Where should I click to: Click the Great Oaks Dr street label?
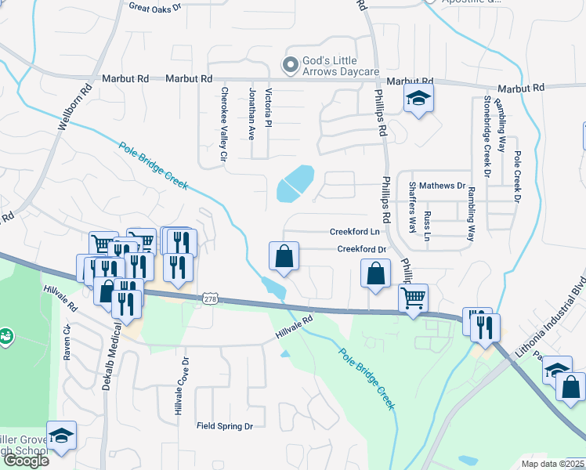coord(154,7)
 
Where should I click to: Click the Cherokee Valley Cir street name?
coord(223,124)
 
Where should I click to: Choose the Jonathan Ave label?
coord(252,114)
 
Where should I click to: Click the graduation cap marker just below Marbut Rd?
coord(419,99)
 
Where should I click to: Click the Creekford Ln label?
coord(354,232)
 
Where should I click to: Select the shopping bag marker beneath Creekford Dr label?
coord(376,274)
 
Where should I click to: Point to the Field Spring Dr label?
coord(224,426)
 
